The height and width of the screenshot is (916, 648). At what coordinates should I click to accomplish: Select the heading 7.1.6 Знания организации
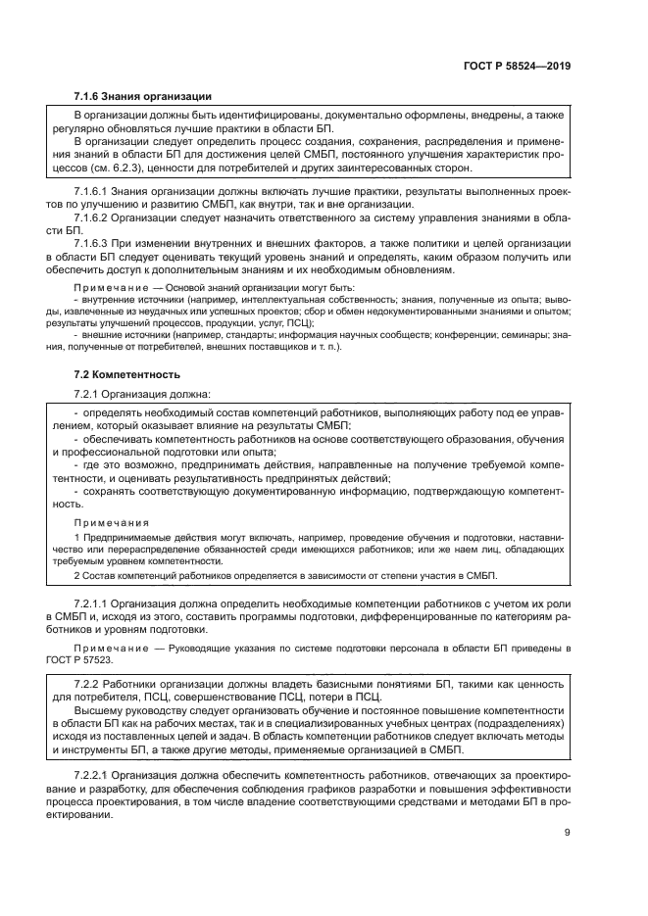[x=142, y=96]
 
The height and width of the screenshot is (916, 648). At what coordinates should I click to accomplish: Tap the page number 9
[x=568, y=833]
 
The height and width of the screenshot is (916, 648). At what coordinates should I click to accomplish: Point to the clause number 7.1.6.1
[x=95, y=188]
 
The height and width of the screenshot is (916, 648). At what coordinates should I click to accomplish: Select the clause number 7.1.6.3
[x=95, y=243]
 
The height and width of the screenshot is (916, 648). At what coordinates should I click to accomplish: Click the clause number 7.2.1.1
[x=95, y=599]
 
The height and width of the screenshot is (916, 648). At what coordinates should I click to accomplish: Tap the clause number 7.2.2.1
[x=95, y=775]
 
